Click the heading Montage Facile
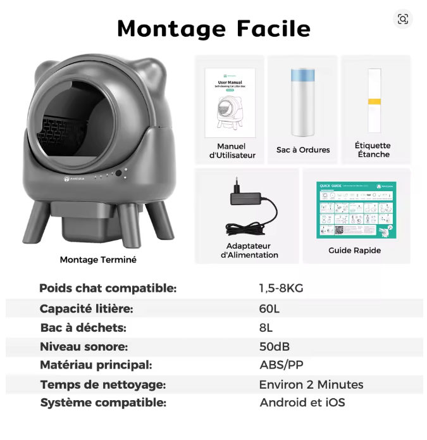coord(213,28)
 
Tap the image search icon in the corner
coord(403,20)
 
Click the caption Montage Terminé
coord(98,260)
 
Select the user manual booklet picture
coord(230,101)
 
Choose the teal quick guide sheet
coord(356,210)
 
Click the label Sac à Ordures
coord(303,150)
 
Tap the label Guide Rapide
coord(354,250)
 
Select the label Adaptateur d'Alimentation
coord(249,250)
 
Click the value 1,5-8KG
coord(281,288)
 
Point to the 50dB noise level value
coord(275,346)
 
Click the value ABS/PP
coord(281,365)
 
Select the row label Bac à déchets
coord(83,327)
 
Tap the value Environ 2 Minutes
coord(311,384)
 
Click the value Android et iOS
coord(302,403)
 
